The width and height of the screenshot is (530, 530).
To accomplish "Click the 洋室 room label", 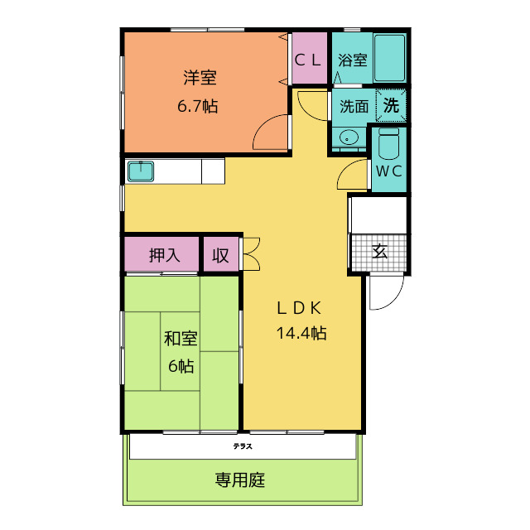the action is (x=200, y=77).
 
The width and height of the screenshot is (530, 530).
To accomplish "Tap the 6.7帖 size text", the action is (x=198, y=106).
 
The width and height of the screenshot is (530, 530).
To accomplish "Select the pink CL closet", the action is (x=309, y=58).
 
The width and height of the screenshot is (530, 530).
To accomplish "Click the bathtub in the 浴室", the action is (x=389, y=58).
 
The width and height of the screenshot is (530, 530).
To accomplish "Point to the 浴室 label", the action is (x=353, y=60).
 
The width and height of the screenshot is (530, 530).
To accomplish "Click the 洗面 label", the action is (x=354, y=107).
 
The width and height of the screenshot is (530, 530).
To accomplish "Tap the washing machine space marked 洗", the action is (x=391, y=105).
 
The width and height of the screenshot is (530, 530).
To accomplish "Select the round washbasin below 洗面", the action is (x=349, y=138).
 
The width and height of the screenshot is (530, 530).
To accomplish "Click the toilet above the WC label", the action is (x=388, y=143).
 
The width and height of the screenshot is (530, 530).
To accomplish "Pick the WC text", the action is (x=389, y=171).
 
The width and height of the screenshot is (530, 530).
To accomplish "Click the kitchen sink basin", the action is (x=141, y=171).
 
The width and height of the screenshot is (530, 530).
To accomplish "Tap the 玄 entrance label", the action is (x=379, y=251).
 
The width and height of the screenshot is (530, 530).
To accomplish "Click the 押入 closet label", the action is (x=165, y=255).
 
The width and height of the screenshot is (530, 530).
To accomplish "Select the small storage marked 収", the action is (x=221, y=255).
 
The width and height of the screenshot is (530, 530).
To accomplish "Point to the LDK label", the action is (x=299, y=308).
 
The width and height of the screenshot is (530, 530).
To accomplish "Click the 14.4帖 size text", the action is (x=301, y=333).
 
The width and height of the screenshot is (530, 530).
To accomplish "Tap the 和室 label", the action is (x=181, y=339).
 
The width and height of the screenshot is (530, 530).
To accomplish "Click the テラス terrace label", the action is (x=243, y=446).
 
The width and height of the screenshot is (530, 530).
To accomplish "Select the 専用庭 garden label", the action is (x=240, y=480).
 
